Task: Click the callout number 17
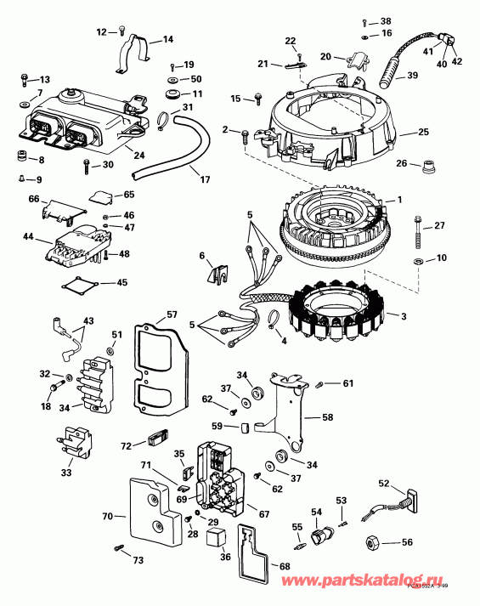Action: (204, 179)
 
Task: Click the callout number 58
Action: (327, 418)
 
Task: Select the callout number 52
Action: (383, 484)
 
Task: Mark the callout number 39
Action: (412, 76)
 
